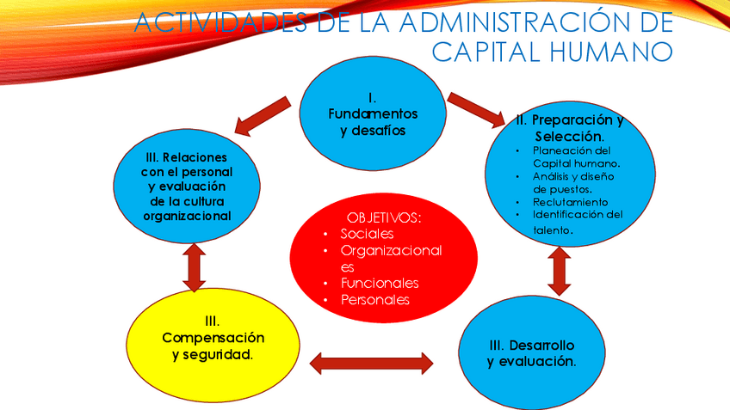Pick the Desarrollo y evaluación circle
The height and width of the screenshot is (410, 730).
tap(531, 352)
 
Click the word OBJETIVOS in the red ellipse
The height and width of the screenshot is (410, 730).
tap(384, 217)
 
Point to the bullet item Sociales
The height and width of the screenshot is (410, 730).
tap(367, 234)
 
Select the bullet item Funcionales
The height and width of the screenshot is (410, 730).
tap(380, 283)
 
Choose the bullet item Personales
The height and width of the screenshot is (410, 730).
tap(375, 300)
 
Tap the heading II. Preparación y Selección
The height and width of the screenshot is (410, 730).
tap(569, 128)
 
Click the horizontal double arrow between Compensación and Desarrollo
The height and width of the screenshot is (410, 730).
tap(371, 363)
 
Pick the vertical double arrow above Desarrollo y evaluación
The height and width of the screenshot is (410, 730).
tap(560, 272)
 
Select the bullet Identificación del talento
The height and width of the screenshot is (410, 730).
tap(575, 222)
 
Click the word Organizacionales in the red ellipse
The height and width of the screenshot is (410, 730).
tap(391, 258)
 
